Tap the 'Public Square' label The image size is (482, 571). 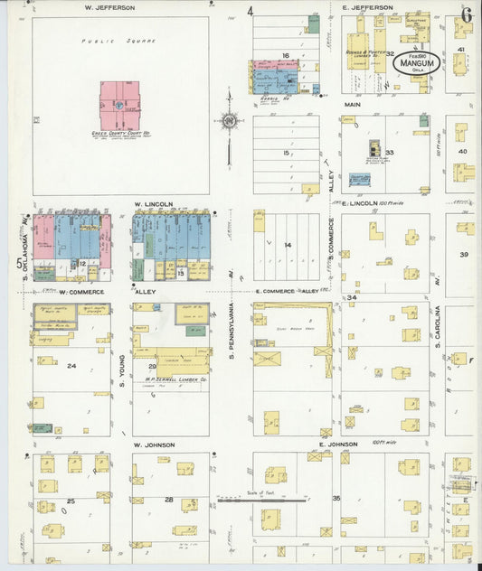pyautogui.click(x=118, y=42)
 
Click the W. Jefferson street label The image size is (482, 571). pyautogui.click(x=109, y=7)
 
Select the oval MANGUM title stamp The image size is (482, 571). pyautogui.click(x=416, y=63)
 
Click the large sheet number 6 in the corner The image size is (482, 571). pyautogui.click(x=466, y=14)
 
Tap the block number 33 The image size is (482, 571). pyautogui.click(x=390, y=153)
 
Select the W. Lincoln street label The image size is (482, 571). pyautogui.click(x=153, y=204)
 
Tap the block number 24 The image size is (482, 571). pyautogui.click(x=71, y=366)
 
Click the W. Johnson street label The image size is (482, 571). pyautogui.click(x=153, y=445)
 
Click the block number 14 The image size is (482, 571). pyautogui.click(x=288, y=245)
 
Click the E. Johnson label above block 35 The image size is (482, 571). pyautogui.click(x=339, y=445)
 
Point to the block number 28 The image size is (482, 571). pyautogui.click(x=168, y=499)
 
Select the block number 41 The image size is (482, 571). pyautogui.click(x=460, y=49)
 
